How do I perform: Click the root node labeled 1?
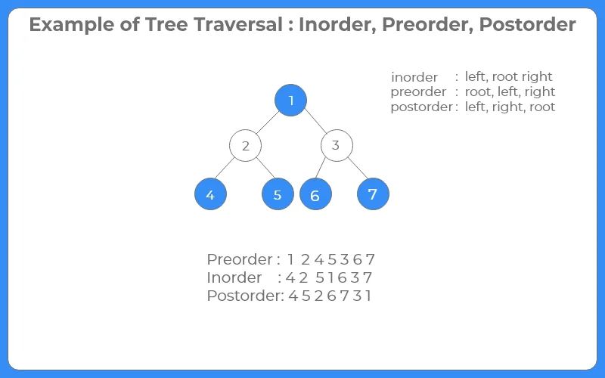click(x=291, y=101)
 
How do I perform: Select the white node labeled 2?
click(x=245, y=146)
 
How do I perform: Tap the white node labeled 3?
click(x=336, y=146)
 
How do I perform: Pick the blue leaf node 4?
click(x=210, y=194)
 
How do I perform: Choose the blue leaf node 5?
click(x=278, y=194)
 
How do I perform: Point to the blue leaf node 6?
click(x=315, y=195)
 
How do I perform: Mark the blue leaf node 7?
click(x=373, y=194)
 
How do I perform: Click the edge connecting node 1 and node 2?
click(x=268, y=122)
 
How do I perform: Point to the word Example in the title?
click(x=67, y=24)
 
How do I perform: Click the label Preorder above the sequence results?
click(x=239, y=259)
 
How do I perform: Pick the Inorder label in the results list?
click(x=234, y=277)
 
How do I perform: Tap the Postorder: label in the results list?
click(x=245, y=296)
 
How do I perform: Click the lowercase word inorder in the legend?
click(x=414, y=77)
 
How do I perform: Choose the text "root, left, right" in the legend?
click(x=510, y=91)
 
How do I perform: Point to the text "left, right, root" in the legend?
click(x=510, y=107)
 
